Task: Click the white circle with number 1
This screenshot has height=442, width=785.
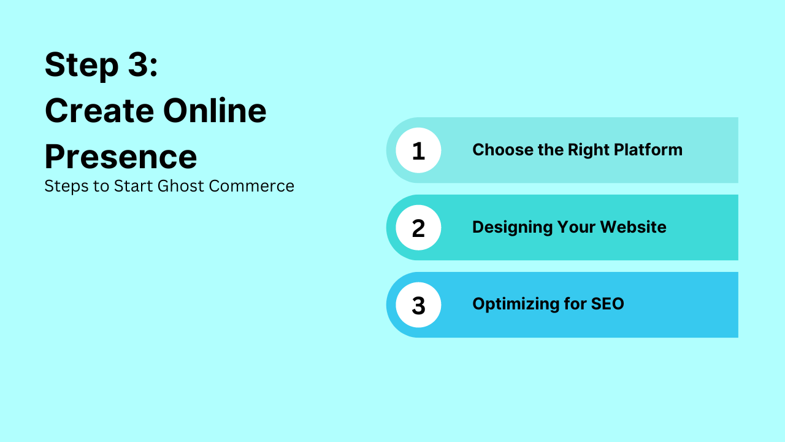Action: click(418, 150)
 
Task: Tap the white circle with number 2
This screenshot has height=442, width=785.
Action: click(418, 228)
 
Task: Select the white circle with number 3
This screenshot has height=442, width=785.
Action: click(418, 305)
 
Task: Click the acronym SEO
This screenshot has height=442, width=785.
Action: click(607, 304)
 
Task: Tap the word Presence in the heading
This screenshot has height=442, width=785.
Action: click(121, 157)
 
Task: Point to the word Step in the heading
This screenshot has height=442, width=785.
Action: click(82, 66)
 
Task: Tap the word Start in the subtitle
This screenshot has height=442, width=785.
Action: click(133, 186)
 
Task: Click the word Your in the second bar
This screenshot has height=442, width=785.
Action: click(576, 227)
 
